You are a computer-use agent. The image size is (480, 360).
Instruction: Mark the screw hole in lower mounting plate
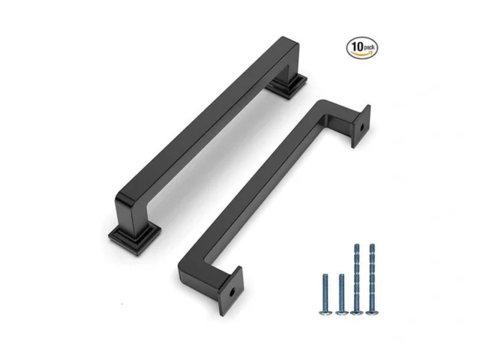[x=235, y=289]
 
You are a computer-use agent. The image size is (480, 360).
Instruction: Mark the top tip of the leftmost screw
[x=325, y=274]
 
